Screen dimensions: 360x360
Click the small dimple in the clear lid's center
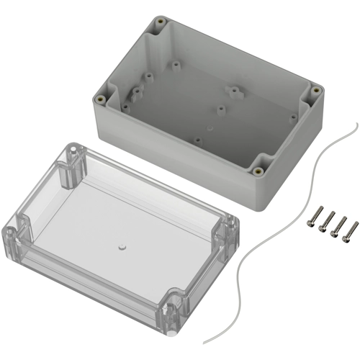(x=121, y=246)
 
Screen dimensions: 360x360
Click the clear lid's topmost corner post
(x=73, y=153)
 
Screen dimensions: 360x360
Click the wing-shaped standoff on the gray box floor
(x=234, y=92)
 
